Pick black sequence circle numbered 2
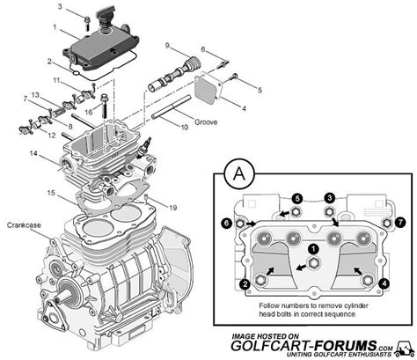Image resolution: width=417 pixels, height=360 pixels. point(244,284)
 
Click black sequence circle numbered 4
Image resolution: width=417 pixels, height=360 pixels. point(384,283)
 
